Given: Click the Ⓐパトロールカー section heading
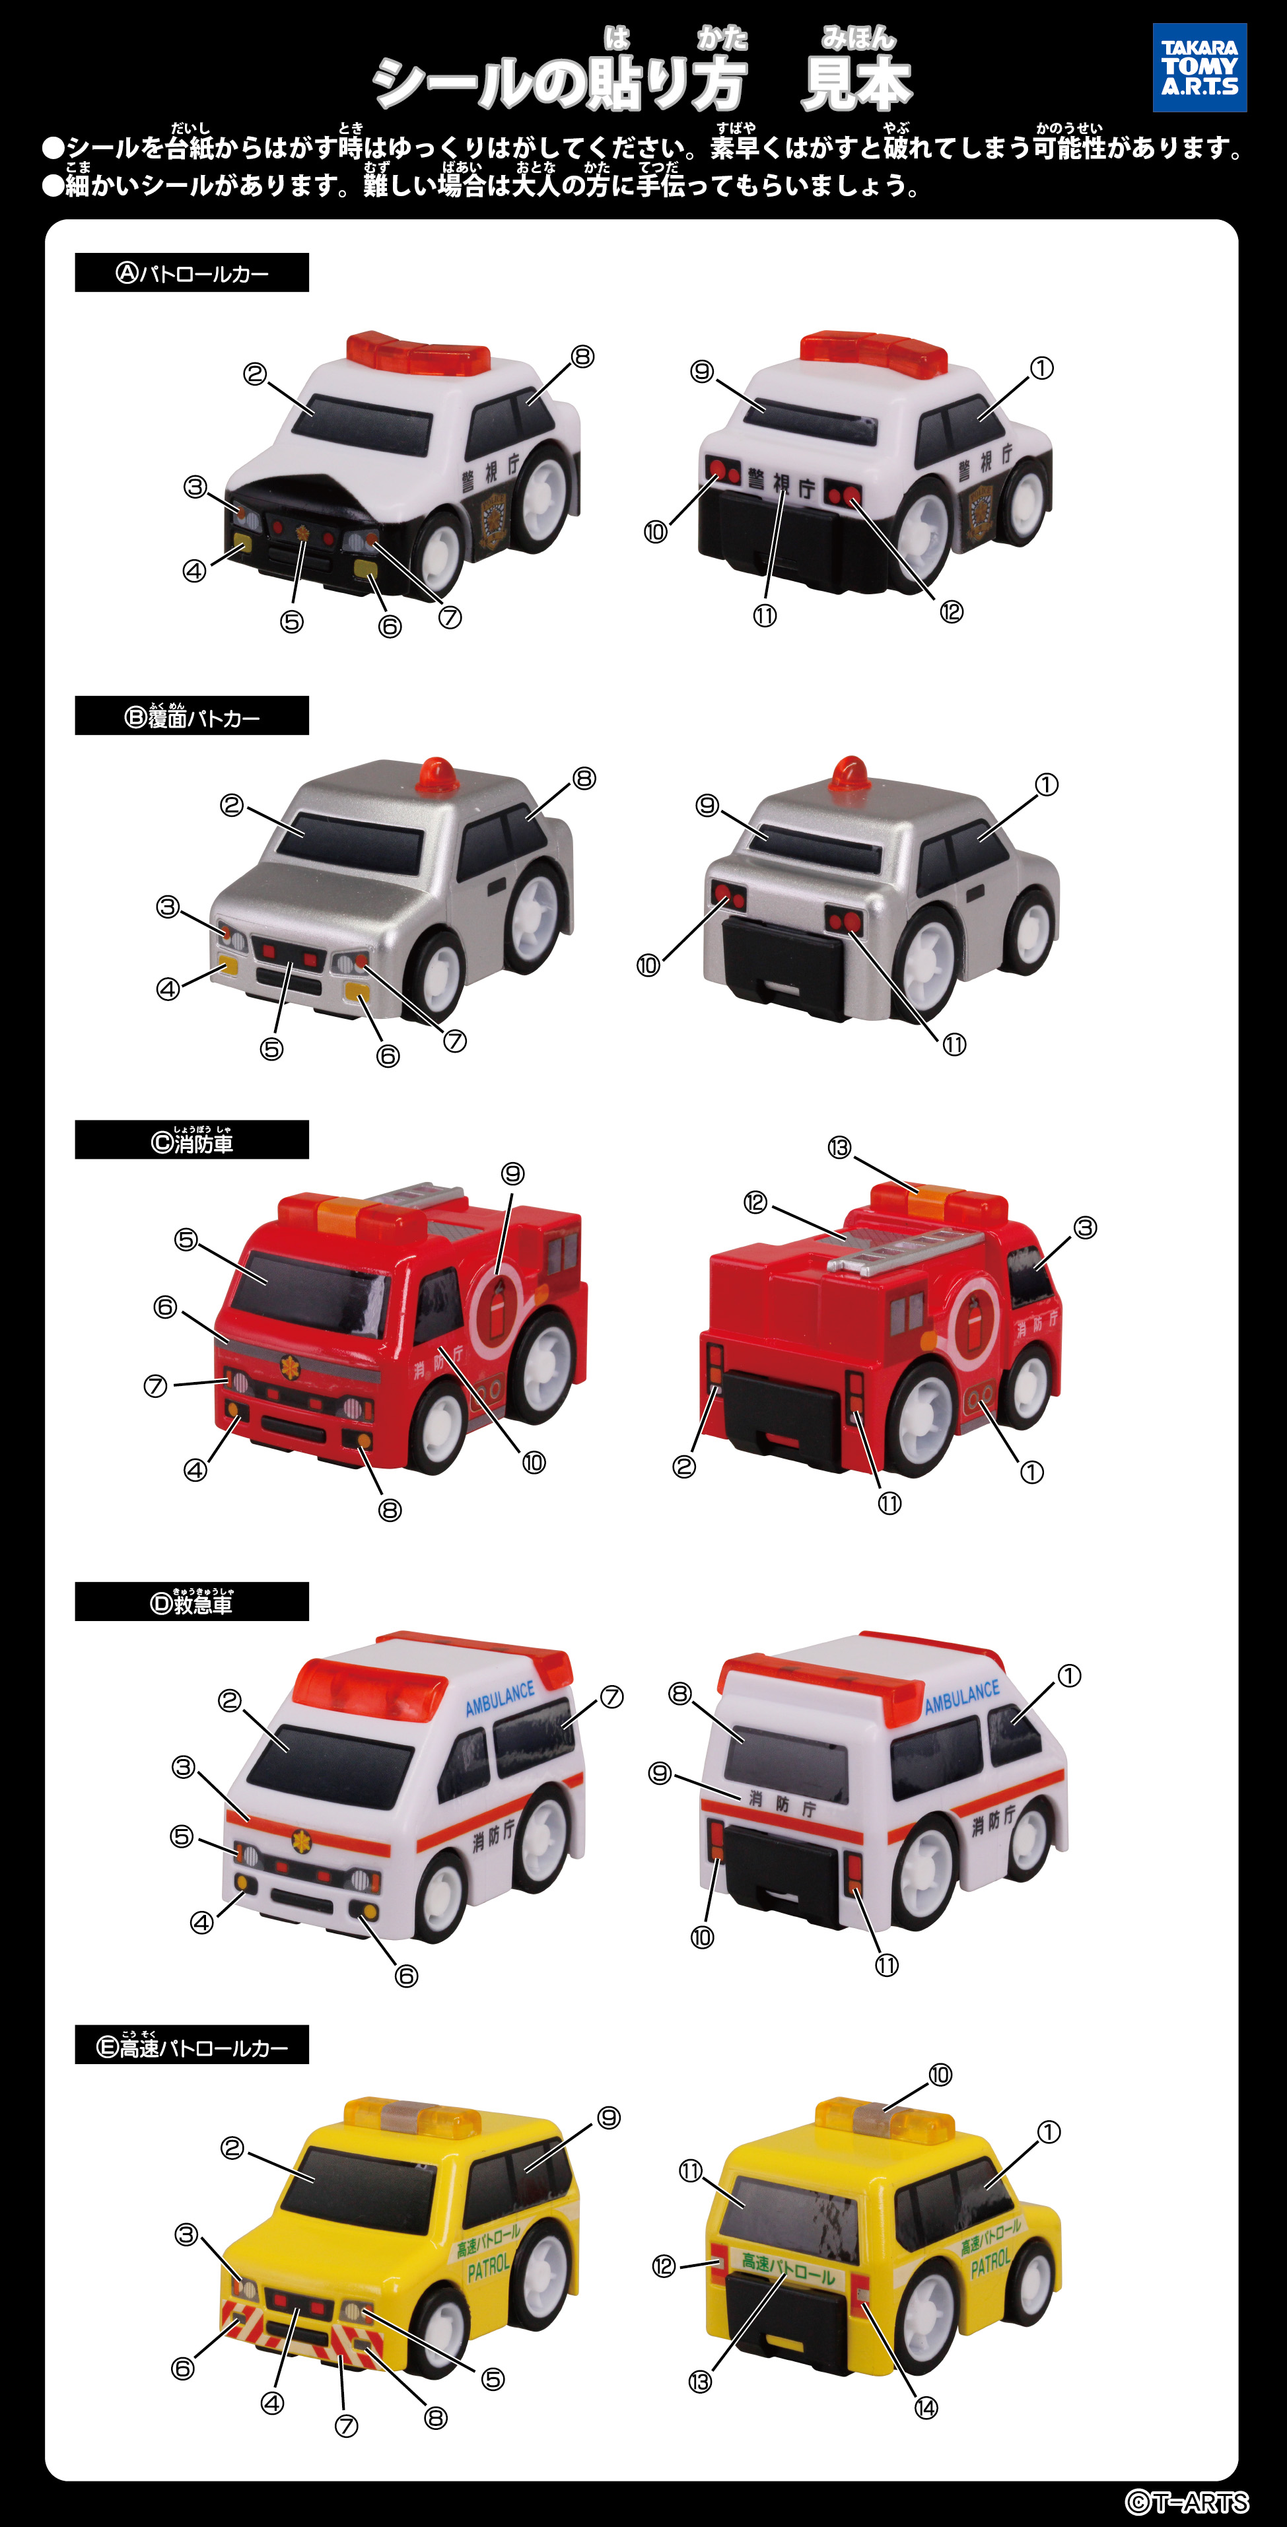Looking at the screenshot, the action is (x=192, y=273).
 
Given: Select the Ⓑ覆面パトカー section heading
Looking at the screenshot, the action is (x=192, y=717).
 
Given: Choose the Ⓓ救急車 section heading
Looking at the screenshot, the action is (x=192, y=1602).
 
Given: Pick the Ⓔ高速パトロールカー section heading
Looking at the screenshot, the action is (x=192, y=2046).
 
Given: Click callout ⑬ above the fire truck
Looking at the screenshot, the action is (x=839, y=1148).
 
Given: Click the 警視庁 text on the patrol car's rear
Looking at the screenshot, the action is (x=781, y=483).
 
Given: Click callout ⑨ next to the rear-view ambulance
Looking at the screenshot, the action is (x=660, y=1773).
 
